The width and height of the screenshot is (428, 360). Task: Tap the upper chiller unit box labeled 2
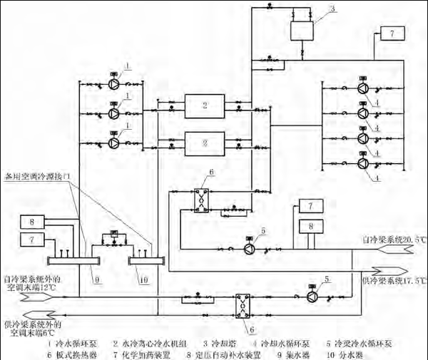click(x=204, y=108)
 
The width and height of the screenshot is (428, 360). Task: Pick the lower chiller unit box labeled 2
click(x=204, y=143)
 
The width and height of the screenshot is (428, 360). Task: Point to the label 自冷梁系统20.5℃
click(x=389, y=240)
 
